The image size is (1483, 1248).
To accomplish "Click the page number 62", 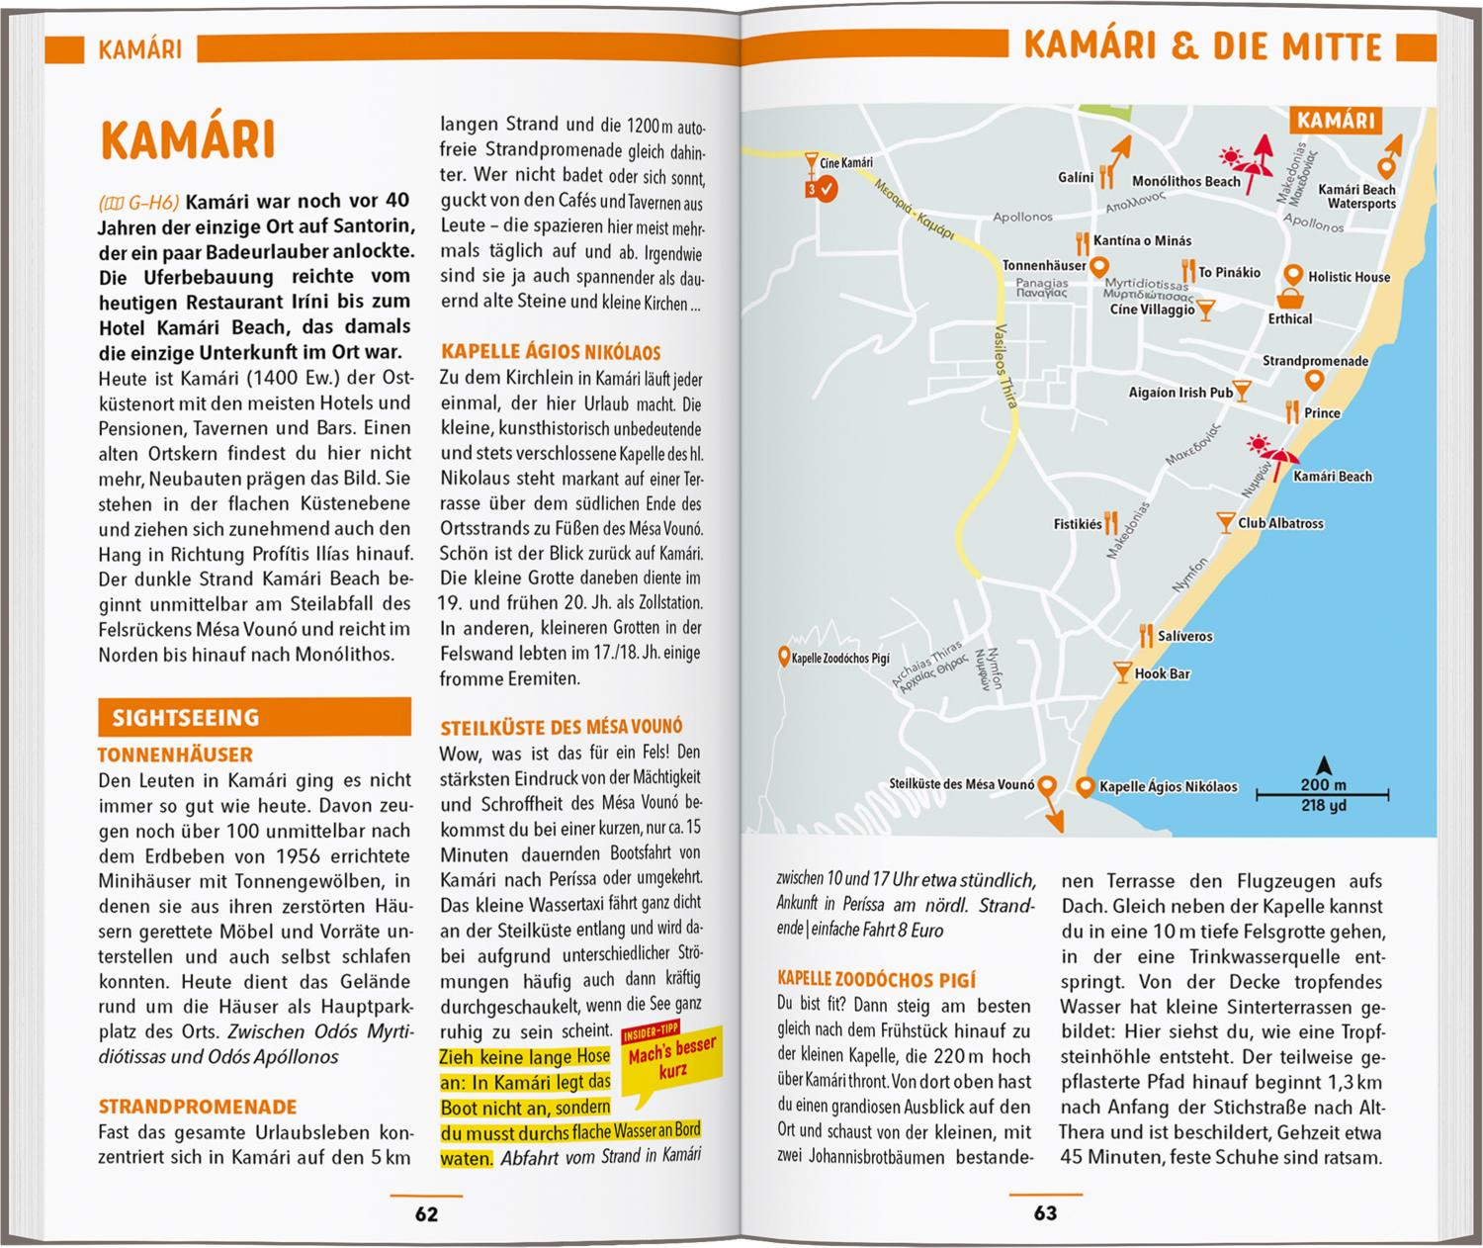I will click(x=426, y=1213).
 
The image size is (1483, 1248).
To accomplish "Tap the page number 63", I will click(x=1045, y=1213).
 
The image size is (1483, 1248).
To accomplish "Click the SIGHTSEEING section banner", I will click(x=254, y=717).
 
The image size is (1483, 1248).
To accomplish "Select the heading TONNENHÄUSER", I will click(x=175, y=755).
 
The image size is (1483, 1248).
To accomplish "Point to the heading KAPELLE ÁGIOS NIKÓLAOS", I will click(x=551, y=352).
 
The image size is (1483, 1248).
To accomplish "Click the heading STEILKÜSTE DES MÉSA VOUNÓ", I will click(x=562, y=727).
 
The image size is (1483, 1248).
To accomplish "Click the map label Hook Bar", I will click(x=1162, y=673).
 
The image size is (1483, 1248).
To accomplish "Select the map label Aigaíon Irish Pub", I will click(x=1180, y=393).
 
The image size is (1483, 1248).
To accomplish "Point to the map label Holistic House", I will click(x=1349, y=277).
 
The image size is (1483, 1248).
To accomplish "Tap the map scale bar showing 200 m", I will click(x=1323, y=793).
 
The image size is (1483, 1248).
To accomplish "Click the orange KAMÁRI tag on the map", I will click(x=1336, y=121).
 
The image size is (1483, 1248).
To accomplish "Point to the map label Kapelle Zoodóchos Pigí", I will click(x=840, y=658).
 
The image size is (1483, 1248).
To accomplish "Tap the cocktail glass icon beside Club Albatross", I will click(x=1225, y=522).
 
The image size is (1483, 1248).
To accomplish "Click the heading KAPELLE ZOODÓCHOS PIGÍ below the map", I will click(x=877, y=980).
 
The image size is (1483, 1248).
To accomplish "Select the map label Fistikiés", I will click(x=1078, y=524).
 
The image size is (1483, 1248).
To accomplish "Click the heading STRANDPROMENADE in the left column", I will click(x=197, y=1107).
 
